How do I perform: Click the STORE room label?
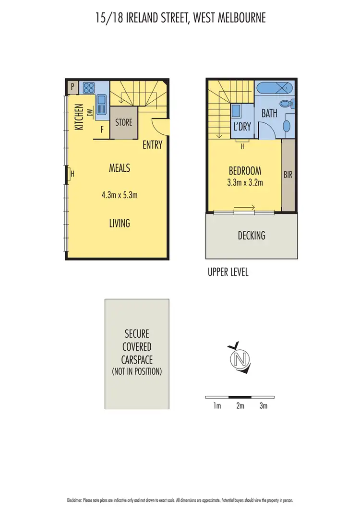coord(123,122)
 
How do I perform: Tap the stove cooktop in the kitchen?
coord(89,88)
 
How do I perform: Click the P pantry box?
coord(72,87)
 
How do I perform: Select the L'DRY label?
coord(241,128)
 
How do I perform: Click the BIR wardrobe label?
coord(288,175)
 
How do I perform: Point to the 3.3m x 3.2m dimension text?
coord(245,182)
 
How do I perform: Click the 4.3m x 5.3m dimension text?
coord(120,195)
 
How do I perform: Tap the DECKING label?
coord(252,236)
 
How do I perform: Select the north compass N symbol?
coord(240,358)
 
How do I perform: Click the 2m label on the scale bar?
coord(240,406)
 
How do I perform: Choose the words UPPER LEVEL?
coord(228,272)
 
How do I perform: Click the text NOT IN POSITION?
coord(137,371)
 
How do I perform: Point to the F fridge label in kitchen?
coord(102,129)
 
